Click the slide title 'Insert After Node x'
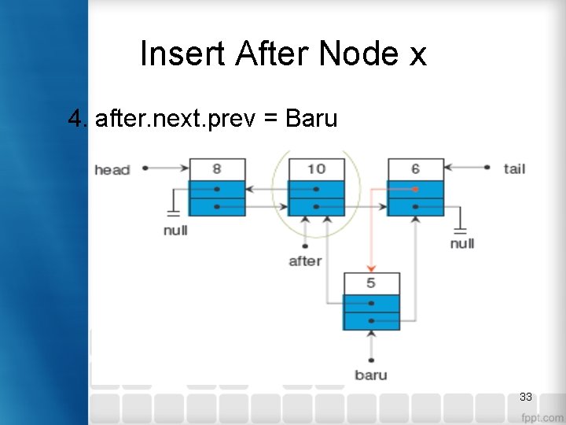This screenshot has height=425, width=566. [x=283, y=54]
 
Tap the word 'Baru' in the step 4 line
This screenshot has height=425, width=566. [x=311, y=119]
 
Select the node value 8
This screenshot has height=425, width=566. [x=217, y=169]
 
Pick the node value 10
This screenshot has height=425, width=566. [x=316, y=169]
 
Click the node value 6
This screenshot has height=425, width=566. [x=415, y=169]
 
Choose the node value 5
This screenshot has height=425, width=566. [x=371, y=283]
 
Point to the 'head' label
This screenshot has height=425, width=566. [x=112, y=169]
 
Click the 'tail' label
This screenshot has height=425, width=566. [x=514, y=168]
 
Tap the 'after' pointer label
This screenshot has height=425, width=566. [x=305, y=261]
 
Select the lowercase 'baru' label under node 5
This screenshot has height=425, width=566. [x=370, y=375]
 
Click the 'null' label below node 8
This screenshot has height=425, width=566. [x=175, y=231]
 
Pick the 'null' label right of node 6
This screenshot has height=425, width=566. [x=462, y=243]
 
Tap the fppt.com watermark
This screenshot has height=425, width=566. [x=542, y=417]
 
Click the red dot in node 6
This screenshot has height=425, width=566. [x=415, y=189]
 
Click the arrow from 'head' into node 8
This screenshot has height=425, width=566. [x=165, y=168]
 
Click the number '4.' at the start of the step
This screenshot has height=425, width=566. [x=77, y=119]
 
